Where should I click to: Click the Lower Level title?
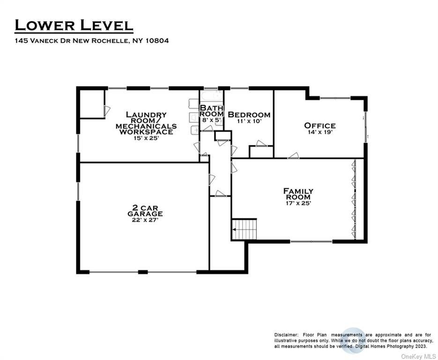tap(74, 25)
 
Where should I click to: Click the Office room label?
tap(320, 126)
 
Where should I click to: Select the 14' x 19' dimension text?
tap(320, 132)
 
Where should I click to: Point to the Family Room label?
tap(298, 194)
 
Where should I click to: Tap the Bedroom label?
tap(249, 114)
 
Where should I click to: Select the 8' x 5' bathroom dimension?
tap(212, 120)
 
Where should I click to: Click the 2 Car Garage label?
tap(145, 211)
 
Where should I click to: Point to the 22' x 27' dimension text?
tap(145, 220)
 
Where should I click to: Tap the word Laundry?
tap(146, 114)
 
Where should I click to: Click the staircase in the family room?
tap(244, 229)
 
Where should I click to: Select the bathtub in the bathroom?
tap(212, 97)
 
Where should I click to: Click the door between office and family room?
tap(293, 156)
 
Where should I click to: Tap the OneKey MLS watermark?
tap(419, 356)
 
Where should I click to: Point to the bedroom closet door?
tap(261, 143)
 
